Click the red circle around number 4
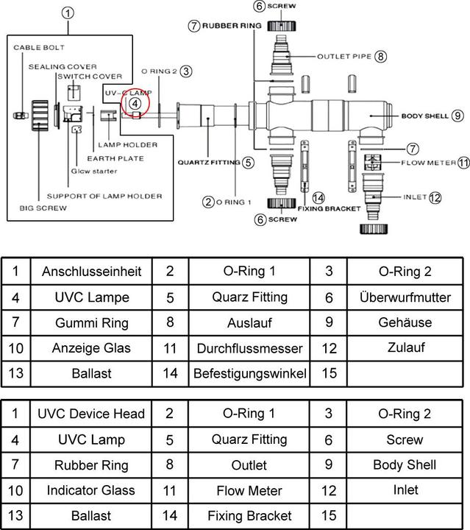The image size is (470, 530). tap(135, 104)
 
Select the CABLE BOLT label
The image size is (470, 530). tap(39, 47)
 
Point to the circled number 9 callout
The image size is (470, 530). tap(457, 116)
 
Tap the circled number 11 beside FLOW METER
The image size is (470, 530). tap(463, 163)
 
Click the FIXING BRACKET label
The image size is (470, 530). tap(330, 208)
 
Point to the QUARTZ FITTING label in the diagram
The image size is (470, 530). tap(208, 162)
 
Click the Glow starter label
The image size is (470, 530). tap(94, 172)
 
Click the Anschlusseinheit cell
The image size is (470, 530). tap(91, 272)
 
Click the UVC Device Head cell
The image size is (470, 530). tap(91, 414)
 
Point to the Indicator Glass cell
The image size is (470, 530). tap(91, 490)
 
